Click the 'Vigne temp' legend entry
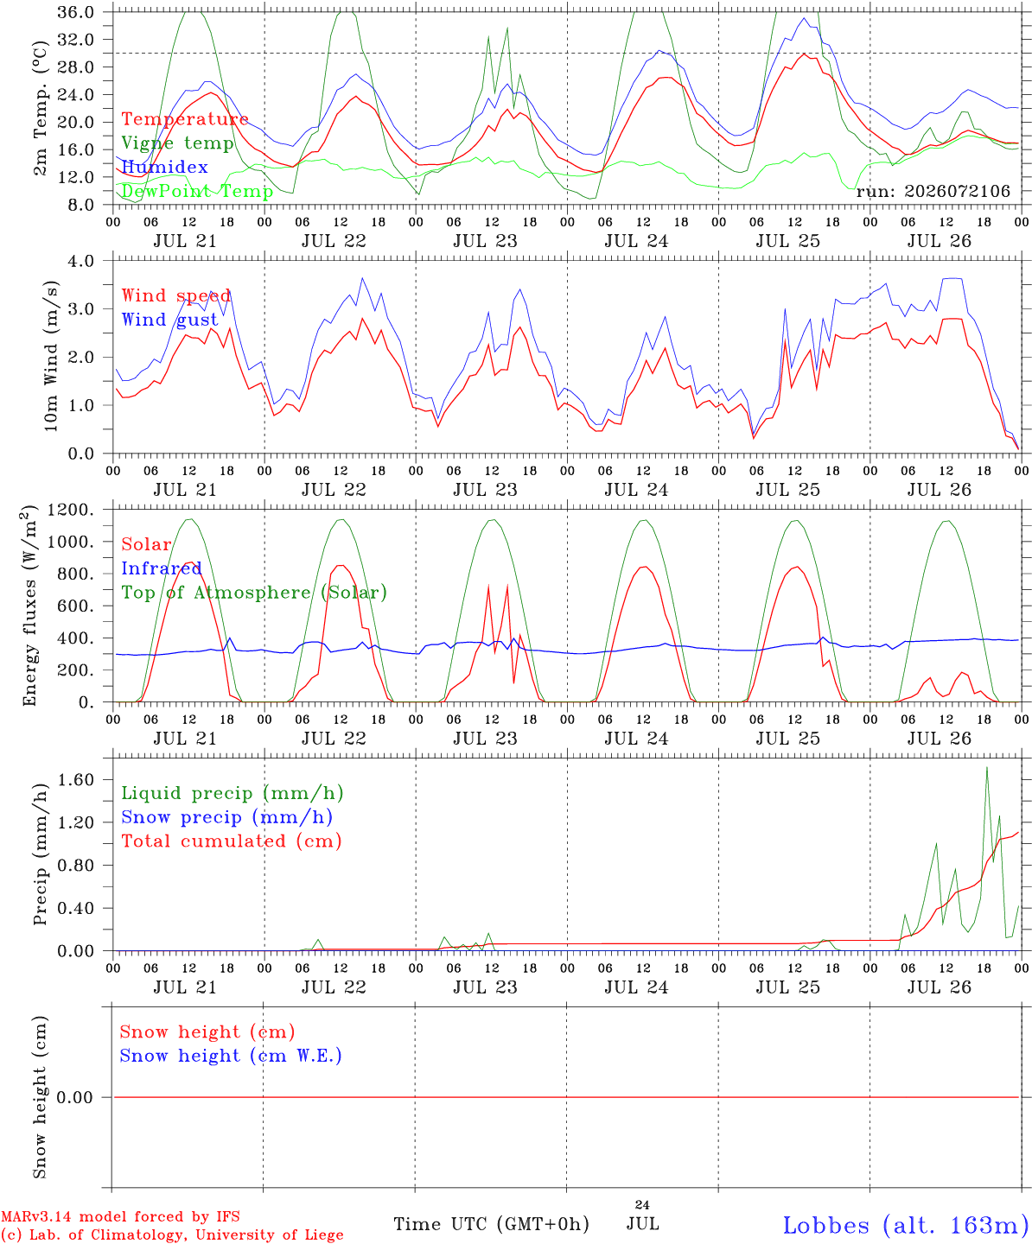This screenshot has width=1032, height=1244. coord(177,143)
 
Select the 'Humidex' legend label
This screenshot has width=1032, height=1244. coord(164,167)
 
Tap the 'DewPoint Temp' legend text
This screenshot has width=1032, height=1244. coord(197,191)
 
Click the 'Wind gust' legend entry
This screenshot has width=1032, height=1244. coord(169,320)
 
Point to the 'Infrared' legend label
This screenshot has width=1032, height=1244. coord(161,568)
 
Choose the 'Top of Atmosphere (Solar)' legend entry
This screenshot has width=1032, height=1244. coord(254,593)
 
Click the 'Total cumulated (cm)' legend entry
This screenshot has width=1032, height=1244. coord(232,841)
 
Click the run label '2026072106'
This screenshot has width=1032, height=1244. coord(957,191)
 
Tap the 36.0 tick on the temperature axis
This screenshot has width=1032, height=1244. coord(75,12)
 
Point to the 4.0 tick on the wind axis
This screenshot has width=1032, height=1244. coord(80,261)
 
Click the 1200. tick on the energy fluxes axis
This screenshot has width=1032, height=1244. coord(71,510)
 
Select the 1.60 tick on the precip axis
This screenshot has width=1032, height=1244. coord(76,780)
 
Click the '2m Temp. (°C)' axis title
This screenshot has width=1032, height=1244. coord(40,109)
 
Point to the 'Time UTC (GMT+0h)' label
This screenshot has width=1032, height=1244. coord(491,1224)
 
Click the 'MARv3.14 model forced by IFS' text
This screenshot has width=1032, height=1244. coord(120,1216)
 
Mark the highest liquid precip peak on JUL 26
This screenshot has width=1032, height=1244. coord(987,768)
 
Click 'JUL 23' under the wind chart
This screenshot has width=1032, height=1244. coord(485,490)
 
